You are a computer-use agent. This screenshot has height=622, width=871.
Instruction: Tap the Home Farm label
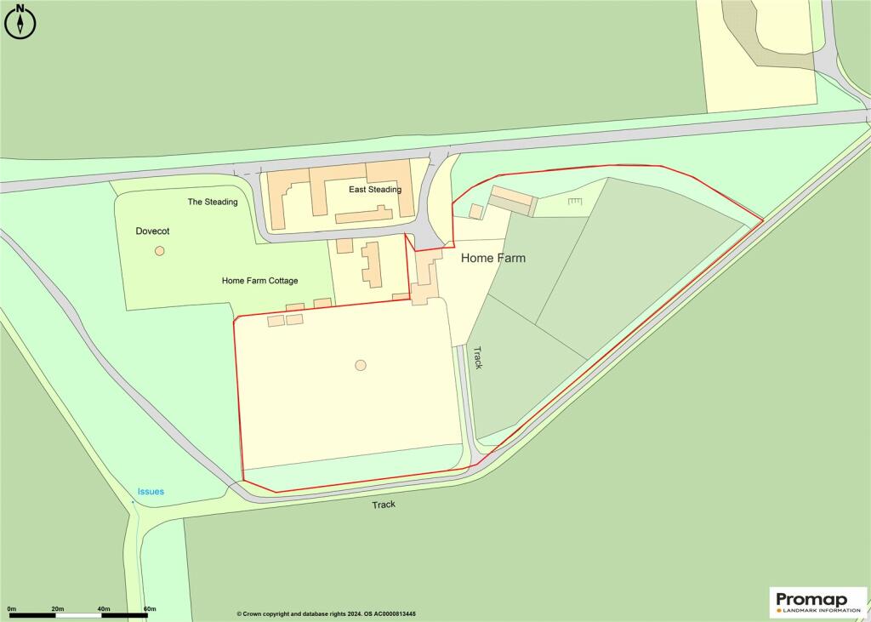coord(492,258)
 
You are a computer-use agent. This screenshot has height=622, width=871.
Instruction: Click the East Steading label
coord(374,190)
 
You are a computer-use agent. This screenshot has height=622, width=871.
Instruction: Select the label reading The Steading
coord(213,202)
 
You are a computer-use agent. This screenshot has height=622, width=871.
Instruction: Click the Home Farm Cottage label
coord(259,281)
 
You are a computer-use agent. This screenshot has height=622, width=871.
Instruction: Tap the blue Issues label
coord(151,492)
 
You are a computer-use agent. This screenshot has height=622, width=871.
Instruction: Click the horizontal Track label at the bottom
coord(384,505)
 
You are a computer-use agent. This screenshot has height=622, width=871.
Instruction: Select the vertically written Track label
coord(478,357)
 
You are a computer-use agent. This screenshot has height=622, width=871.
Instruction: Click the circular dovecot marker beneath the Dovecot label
coord(159,251)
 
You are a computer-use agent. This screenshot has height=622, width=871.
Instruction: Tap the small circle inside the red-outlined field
coord(361,365)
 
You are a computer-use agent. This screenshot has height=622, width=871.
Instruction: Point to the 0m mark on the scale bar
coord(12,608)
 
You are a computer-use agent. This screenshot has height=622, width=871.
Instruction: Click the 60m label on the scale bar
coord(150,608)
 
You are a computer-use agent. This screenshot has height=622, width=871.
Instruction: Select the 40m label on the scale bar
coord(104,608)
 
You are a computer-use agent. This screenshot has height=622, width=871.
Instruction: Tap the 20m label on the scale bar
coord(58,608)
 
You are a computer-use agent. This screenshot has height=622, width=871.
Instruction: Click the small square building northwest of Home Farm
coord(476,210)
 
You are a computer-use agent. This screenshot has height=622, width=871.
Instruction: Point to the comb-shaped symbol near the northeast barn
coord(575,201)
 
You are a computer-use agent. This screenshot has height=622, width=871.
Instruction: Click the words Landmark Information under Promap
coord(819,609)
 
